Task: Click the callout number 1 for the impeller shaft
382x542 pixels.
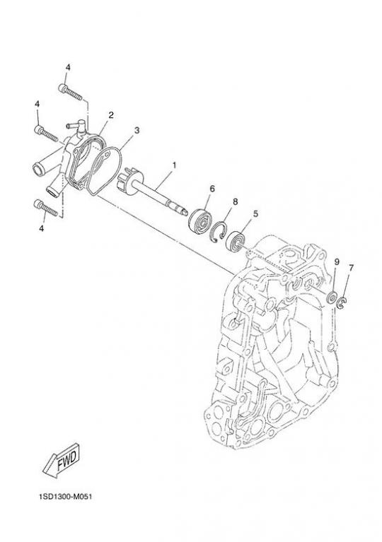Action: coord(174,165)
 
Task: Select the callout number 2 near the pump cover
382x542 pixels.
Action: coord(111,115)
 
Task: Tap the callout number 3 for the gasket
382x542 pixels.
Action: coord(137,130)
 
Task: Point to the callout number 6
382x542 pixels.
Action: coord(212,189)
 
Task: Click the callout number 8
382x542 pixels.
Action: coord(236,201)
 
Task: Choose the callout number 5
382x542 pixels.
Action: coord(255,214)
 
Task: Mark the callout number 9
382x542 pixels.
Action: coord(337,261)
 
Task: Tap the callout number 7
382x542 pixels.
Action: coord(351,268)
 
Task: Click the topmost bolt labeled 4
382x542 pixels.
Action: coord(70,92)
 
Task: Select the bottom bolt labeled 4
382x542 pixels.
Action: coord(46,208)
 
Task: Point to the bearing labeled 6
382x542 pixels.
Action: coord(200,220)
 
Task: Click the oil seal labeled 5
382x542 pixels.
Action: coord(236,240)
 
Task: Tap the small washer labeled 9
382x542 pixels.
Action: coord(332,297)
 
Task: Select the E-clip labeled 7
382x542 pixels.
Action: coord(342,303)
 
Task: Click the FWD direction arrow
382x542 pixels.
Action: coord(62,459)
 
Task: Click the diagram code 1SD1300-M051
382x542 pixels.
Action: coord(65,497)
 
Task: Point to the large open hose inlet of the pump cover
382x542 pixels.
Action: coord(38,170)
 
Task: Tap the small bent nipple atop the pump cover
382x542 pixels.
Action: coord(76,127)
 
